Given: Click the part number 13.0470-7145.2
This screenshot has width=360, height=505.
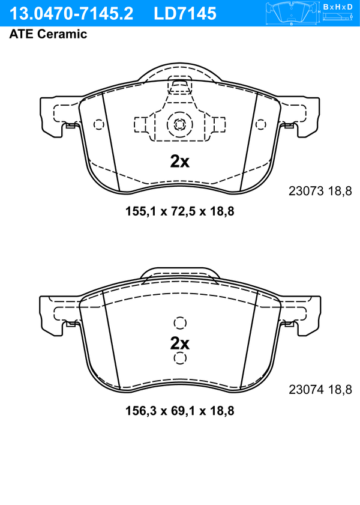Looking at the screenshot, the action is point(71,14).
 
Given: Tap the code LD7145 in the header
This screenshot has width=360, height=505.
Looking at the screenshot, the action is point(185,14).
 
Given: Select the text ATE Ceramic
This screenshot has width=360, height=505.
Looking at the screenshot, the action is point(48,34).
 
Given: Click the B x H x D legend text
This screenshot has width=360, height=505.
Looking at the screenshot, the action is point(337,7).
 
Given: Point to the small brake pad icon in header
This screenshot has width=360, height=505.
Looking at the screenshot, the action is point(292,14).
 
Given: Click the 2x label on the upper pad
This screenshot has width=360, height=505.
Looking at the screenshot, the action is point(179,162).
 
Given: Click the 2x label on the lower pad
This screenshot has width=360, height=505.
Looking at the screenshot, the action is point(179,343).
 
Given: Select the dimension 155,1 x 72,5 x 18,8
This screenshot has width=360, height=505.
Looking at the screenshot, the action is point(180,211).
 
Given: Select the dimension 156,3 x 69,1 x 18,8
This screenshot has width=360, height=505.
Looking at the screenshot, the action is point(180,411).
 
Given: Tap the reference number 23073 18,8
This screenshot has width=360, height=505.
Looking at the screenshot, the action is point(320,191).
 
